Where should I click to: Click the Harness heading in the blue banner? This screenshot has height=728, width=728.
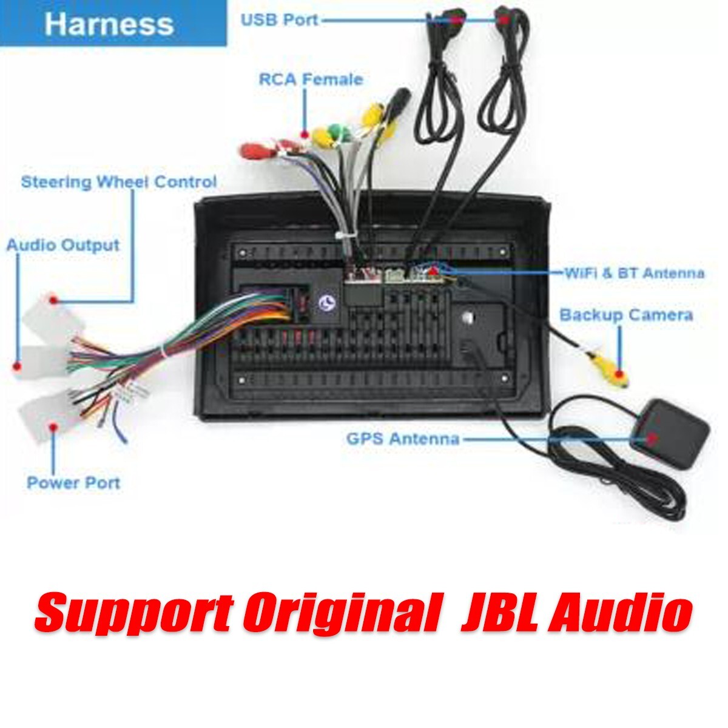pyautogui.click(x=109, y=24)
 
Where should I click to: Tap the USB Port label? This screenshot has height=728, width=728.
pyautogui.click(x=280, y=19)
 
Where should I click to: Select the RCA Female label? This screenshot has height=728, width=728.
pyautogui.click(x=311, y=79)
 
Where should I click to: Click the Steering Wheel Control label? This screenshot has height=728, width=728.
pyautogui.click(x=119, y=182)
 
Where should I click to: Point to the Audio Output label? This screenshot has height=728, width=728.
pyautogui.click(x=63, y=245)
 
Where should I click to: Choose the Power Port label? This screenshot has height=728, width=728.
pyautogui.click(x=73, y=482)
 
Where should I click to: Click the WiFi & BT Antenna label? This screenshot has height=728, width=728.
pyautogui.click(x=635, y=272)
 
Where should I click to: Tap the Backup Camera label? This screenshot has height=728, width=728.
pyautogui.click(x=626, y=315)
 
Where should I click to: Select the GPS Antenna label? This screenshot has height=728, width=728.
pyautogui.click(x=403, y=439)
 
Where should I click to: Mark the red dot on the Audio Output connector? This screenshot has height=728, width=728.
pyautogui.click(x=16, y=366)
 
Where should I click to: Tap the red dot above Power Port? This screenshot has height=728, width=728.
pyautogui.click(x=53, y=427)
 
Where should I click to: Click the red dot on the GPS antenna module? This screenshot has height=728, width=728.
pyautogui.click(x=651, y=438)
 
